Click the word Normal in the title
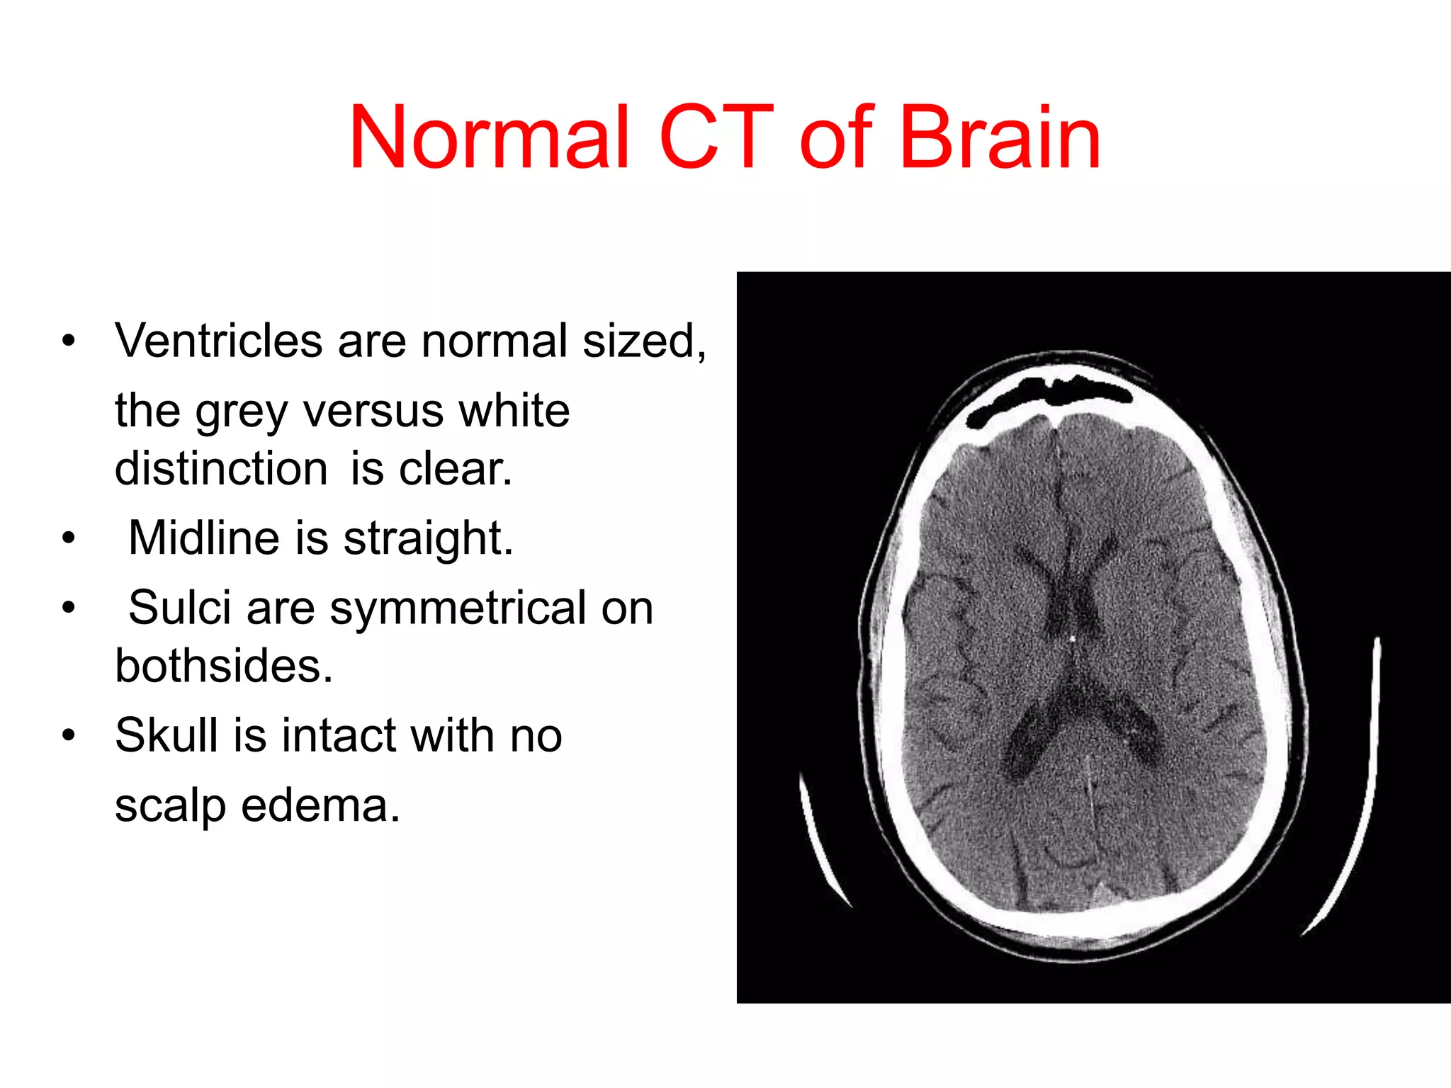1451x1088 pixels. click(490, 138)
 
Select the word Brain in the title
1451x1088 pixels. click(1000, 138)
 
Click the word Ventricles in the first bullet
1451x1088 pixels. click(219, 341)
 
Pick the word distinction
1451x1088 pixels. click(221, 469)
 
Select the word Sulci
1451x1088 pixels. click(180, 608)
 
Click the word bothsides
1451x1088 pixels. click(224, 666)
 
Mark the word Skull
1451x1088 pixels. click(166, 735)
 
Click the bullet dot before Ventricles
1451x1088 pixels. click(68, 341)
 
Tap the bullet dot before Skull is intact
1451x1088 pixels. click(68, 735)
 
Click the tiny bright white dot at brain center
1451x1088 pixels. click(1073, 639)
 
